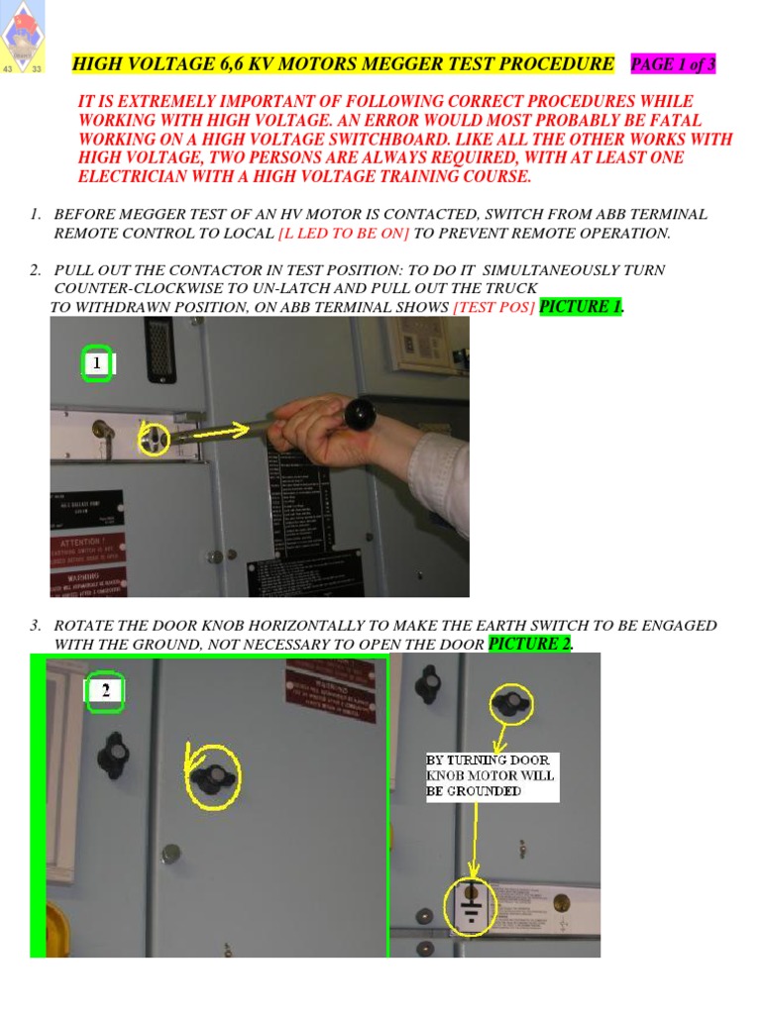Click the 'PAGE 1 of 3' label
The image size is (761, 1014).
[x=673, y=65]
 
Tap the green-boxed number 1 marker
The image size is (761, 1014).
[x=97, y=364]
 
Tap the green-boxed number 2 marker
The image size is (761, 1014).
[x=105, y=692]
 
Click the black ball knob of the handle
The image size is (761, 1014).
[x=360, y=414]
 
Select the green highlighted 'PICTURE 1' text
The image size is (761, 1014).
[x=582, y=307]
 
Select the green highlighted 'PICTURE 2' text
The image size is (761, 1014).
[x=531, y=645]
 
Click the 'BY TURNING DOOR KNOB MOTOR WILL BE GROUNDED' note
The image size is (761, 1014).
[x=491, y=775]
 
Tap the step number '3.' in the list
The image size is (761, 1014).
[x=36, y=626]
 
